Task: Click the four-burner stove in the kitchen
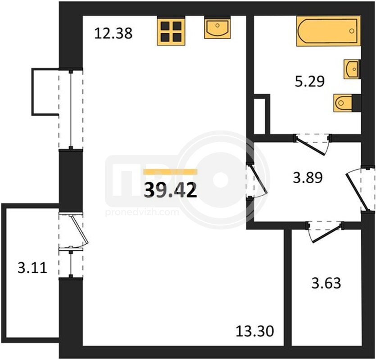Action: [171, 31]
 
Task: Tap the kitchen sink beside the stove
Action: [217, 27]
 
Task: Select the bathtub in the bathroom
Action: [328, 31]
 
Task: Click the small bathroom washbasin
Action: [352, 69]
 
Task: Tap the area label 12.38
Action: [113, 33]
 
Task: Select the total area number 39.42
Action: [171, 189]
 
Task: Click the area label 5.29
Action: [309, 81]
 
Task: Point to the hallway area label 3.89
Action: [308, 178]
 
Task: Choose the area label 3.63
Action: [326, 283]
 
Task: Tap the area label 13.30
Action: [255, 332]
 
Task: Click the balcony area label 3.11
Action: [32, 268]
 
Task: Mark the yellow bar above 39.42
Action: [170, 171]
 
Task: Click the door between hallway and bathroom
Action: [312, 144]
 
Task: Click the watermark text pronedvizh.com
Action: [142, 212]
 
